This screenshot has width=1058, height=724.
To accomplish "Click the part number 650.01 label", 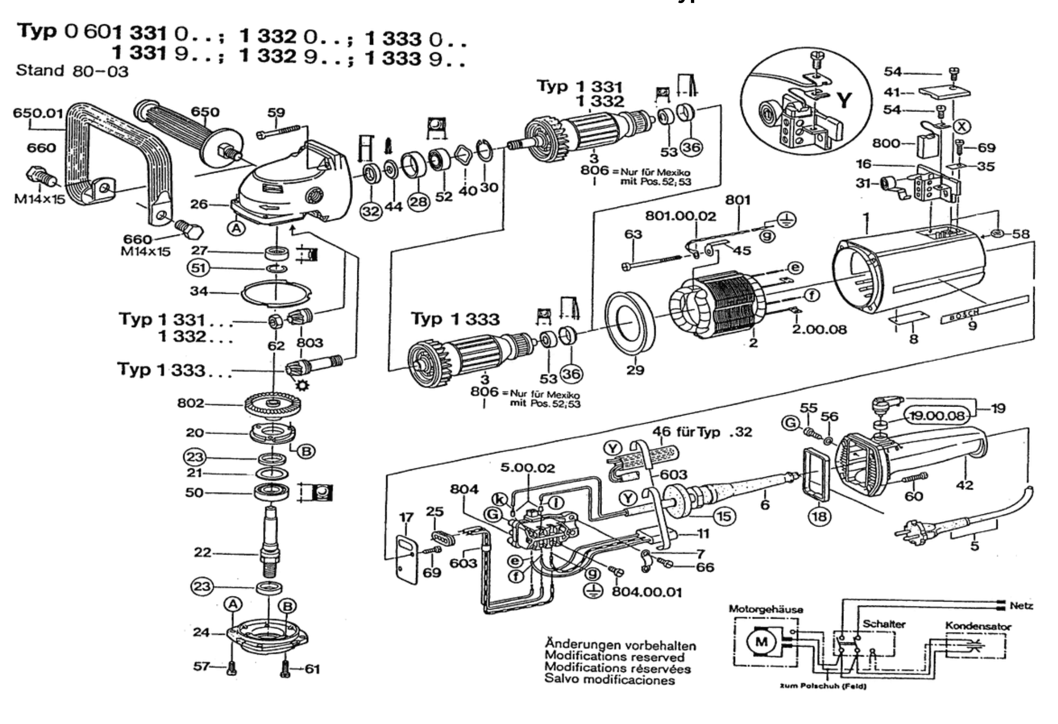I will click(x=38, y=112).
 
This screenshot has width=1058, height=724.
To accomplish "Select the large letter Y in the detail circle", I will click(x=844, y=101).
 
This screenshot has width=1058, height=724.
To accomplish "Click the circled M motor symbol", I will click(x=761, y=642).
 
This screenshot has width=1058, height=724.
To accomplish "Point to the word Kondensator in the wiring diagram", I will click(x=978, y=626).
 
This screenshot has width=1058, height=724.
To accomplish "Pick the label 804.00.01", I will click(x=647, y=592).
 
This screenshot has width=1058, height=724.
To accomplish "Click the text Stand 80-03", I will click(x=72, y=70).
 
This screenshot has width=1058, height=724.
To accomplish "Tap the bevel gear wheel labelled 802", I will click(x=272, y=405).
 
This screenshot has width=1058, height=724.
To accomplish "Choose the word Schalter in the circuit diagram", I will click(x=884, y=624).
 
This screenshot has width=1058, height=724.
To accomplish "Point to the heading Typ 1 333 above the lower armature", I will click(x=455, y=319).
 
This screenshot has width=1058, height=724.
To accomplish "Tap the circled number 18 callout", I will click(x=819, y=516).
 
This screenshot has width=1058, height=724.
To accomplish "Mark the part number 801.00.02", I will click(x=680, y=216).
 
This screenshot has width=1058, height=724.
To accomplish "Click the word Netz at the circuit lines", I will click(x=1021, y=606).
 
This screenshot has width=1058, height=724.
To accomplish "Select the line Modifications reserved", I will click(x=614, y=657).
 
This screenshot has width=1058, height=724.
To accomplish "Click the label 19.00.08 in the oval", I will click(x=937, y=416).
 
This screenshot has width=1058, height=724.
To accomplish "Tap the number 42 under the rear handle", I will click(x=964, y=485).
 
